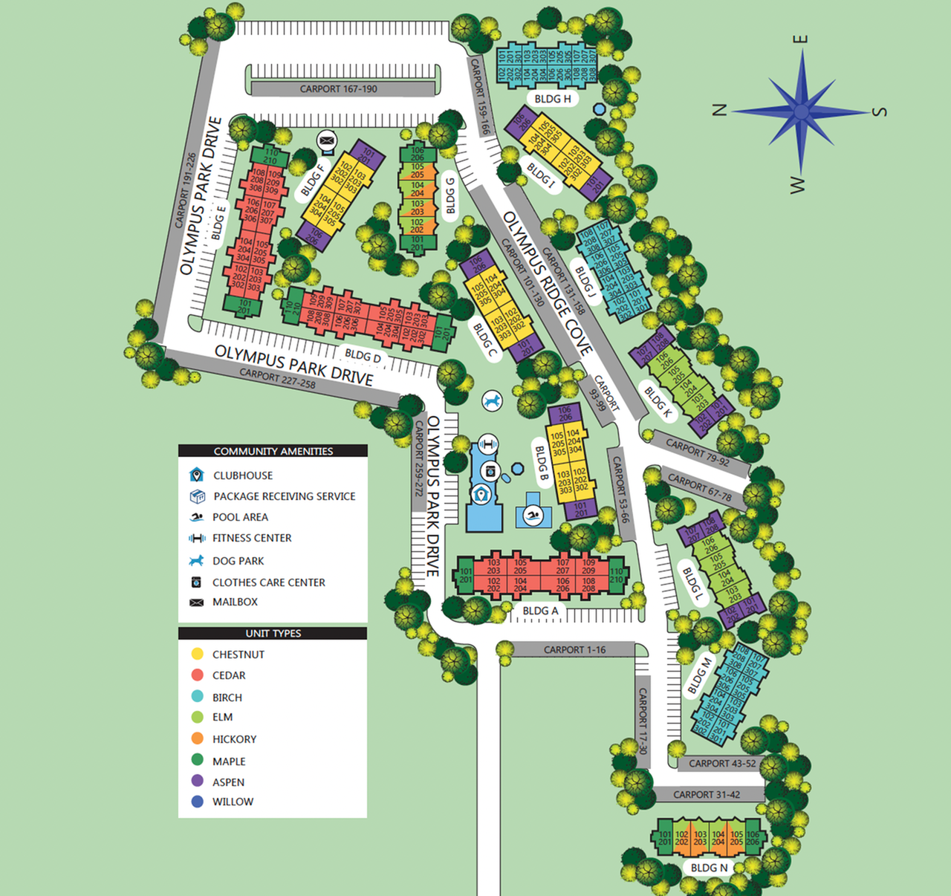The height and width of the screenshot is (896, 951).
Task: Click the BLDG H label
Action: [x=553, y=99]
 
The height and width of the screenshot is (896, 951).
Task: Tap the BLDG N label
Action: [x=709, y=868]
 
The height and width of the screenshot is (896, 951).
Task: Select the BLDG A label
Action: [x=540, y=611]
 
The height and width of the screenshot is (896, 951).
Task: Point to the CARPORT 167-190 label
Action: [x=339, y=89]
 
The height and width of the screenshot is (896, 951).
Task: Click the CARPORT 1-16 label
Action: [x=574, y=649]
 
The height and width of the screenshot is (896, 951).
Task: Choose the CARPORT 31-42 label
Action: [x=707, y=794]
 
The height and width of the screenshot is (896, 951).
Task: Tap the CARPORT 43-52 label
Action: [x=722, y=763]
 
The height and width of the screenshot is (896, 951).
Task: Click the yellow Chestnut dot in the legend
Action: [x=197, y=654]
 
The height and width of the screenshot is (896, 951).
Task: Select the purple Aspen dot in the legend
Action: [x=197, y=781]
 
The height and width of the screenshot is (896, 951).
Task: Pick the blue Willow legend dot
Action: [x=197, y=802]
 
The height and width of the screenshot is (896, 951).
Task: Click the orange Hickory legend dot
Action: [x=197, y=738]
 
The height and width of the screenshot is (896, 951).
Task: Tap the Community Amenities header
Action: [x=273, y=451]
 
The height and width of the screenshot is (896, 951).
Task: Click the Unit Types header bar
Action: [x=273, y=633]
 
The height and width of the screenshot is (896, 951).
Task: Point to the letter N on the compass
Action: [x=718, y=110]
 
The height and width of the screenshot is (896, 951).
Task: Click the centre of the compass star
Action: [x=801, y=112]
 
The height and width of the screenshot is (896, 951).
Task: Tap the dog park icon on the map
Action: [x=492, y=401]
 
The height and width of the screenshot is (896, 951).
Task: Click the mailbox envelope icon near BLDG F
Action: [x=326, y=140]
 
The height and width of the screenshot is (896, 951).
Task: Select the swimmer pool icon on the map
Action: [x=533, y=515]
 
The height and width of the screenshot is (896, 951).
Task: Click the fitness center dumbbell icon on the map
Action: [x=487, y=444]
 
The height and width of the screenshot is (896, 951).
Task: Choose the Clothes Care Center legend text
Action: [x=268, y=582]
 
